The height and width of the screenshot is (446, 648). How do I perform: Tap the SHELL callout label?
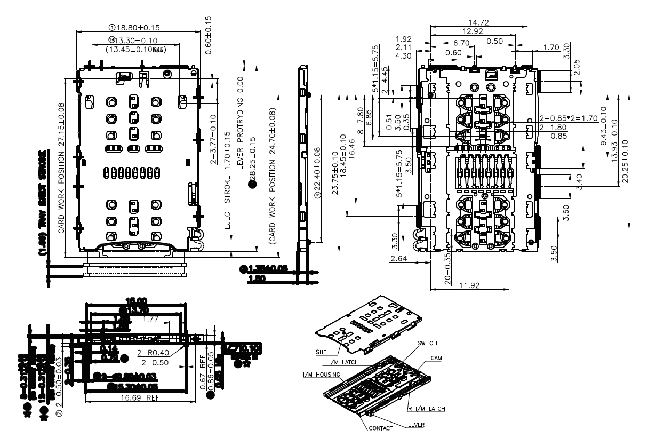[324, 352]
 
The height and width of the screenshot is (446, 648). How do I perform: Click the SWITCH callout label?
[428, 344]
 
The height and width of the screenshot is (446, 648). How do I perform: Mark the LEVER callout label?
[415, 425]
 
